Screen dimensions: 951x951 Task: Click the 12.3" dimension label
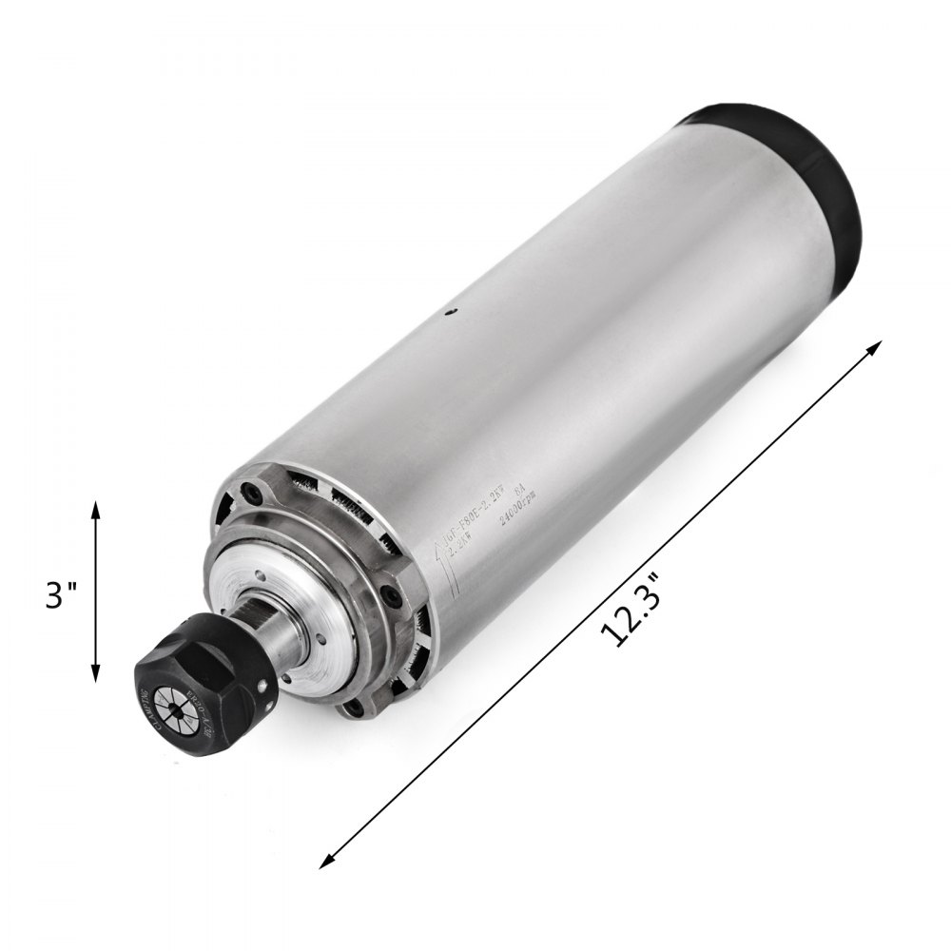coord(631,618)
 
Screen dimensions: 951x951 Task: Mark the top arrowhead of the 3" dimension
coord(95,509)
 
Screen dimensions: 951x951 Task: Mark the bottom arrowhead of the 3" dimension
coord(95,676)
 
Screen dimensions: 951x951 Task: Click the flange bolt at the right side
coord(391,595)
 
